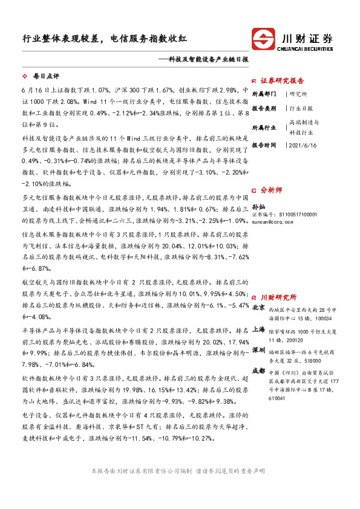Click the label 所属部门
(x=264, y=94)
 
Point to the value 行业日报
(x=301, y=108)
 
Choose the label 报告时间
(x=264, y=145)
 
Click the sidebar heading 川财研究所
(x=278, y=297)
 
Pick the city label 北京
(x=258, y=308)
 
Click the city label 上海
(x=258, y=329)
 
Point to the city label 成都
(x=258, y=371)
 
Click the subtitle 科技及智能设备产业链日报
(x=208, y=60)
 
